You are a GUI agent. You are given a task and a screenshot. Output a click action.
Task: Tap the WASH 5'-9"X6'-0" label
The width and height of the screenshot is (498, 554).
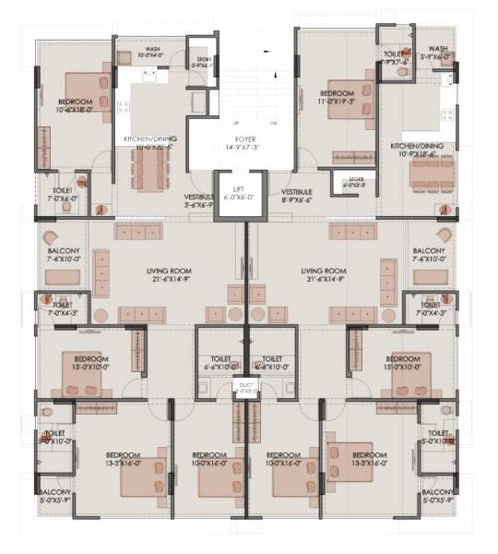438,53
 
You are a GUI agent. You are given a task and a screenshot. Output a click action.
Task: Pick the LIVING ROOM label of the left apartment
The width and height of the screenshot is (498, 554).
169,275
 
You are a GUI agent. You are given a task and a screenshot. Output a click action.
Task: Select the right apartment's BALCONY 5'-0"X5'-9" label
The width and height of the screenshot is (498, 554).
438,498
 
